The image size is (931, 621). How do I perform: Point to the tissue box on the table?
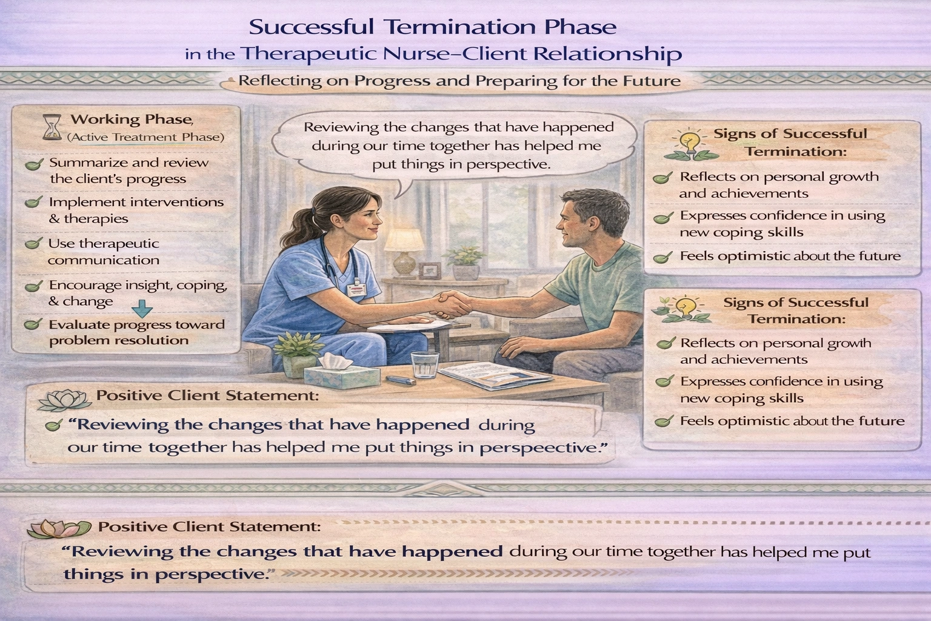[328, 372]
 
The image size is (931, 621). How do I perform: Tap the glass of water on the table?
[422, 365]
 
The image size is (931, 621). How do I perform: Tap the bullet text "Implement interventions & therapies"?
[136, 210]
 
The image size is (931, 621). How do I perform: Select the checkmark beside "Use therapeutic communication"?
[33, 244]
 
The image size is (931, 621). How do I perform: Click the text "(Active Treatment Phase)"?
[145, 137]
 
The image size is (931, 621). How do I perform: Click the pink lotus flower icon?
[56, 528]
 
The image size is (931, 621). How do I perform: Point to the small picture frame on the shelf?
[429, 269]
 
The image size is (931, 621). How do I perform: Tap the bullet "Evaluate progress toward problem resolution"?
[136, 332]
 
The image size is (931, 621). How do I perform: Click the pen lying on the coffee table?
[400, 381]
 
